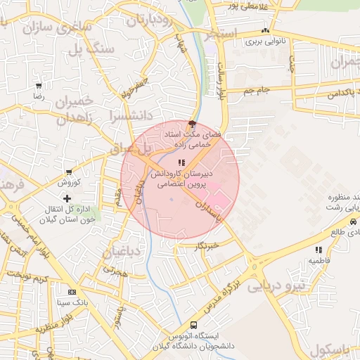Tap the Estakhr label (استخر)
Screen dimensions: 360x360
[220, 34]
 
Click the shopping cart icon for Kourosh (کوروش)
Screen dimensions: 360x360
[69, 172]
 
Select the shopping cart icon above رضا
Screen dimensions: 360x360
[38, 85]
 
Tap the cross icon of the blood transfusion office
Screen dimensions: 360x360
[67, 199]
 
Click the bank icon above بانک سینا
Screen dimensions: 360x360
[71, 291]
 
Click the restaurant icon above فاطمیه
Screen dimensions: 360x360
[319, 249]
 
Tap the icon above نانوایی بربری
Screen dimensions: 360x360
[265, 31]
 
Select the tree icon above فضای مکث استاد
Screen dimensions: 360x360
[192, 124]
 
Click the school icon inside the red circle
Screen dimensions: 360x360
[172, 162]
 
